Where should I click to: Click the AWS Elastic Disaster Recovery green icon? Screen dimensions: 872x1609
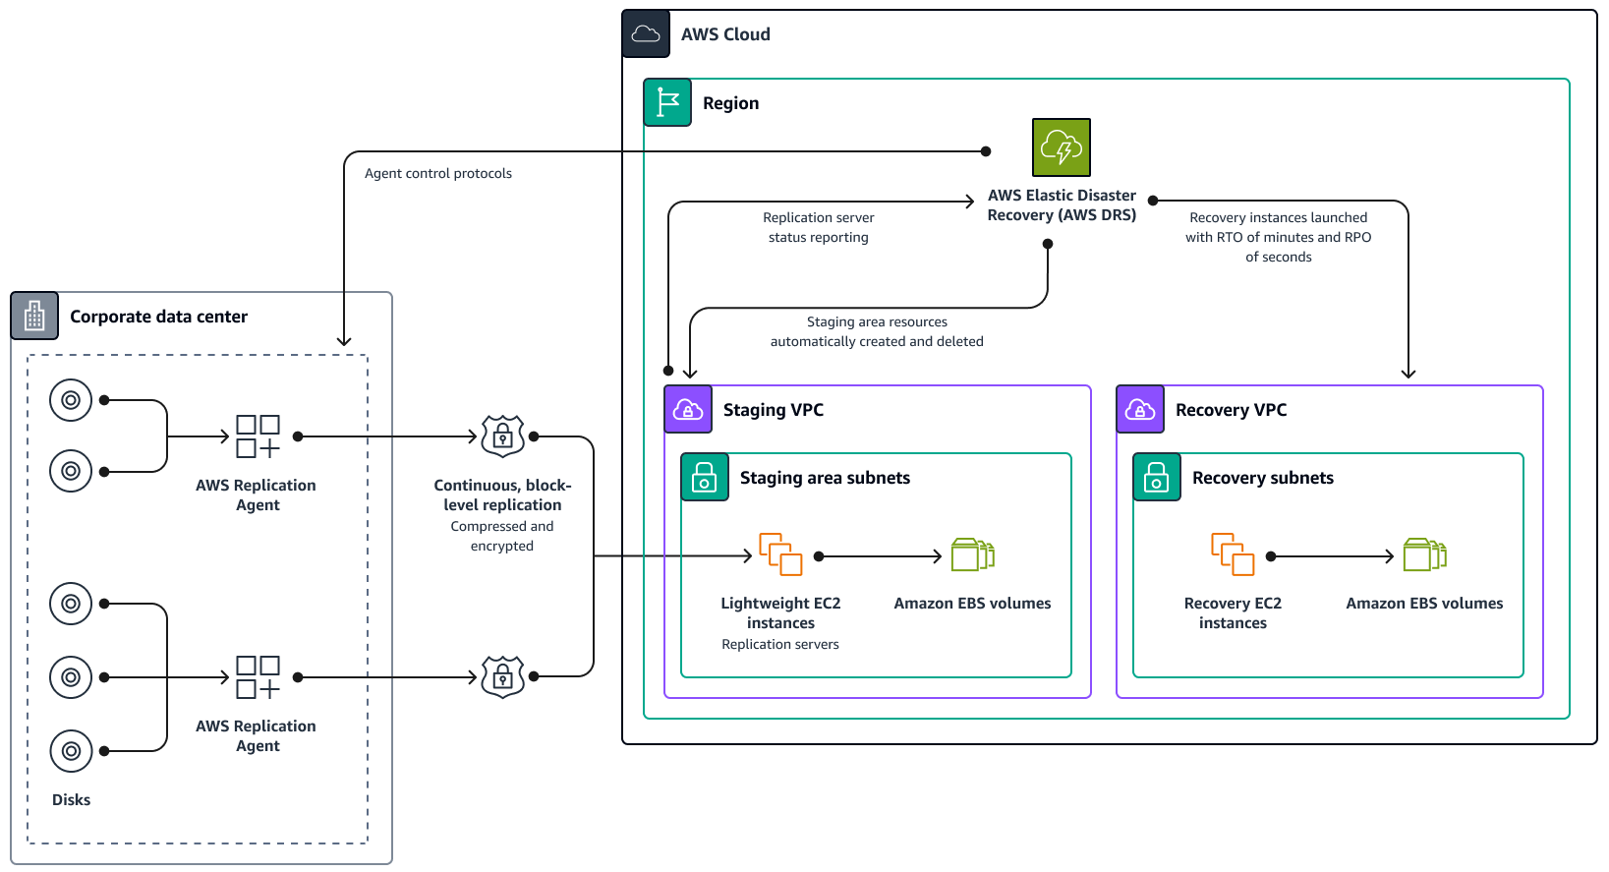[1061, 147]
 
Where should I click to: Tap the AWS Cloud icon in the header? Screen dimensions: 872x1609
[646, 34]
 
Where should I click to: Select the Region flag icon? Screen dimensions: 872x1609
[667, 102]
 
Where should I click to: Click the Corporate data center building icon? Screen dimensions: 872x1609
[34, 316]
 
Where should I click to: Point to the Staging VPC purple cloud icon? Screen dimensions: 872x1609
[688, 409]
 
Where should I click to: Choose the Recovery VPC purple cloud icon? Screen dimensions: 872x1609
[1140, 409]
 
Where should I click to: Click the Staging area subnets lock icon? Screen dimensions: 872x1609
[705, 477]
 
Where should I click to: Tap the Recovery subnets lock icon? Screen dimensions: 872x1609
[1157, 477]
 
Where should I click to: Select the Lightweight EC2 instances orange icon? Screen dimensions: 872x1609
[780, 554]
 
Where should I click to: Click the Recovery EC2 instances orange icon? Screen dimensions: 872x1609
[1233, 554]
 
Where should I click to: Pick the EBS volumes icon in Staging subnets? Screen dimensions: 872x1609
[972, 554]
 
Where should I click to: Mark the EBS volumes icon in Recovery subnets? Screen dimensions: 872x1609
[1424, 554]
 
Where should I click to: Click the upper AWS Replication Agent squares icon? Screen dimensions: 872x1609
[258, 436]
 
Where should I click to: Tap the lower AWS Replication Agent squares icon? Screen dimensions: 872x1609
[258, 677]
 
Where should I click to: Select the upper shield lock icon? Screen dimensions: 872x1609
[502, 436]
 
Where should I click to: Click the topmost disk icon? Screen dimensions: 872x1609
[71, 400]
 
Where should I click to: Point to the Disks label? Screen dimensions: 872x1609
[71, 800]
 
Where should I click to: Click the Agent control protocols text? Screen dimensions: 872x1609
[438, 173]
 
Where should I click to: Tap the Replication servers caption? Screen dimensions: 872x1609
[780, 644]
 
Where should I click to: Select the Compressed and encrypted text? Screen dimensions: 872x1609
[502, 536]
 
